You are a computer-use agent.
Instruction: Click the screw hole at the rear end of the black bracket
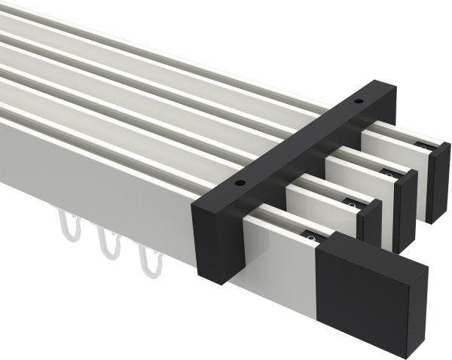point(358,100)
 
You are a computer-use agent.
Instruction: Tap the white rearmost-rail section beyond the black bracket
point(392,147)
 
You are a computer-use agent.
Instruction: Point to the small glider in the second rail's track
point(352,203)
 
